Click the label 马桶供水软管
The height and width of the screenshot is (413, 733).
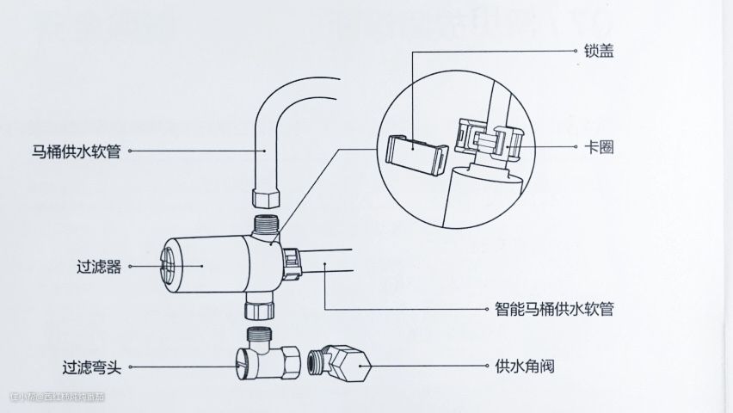(75, 151)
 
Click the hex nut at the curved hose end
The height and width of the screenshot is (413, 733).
(266, 198)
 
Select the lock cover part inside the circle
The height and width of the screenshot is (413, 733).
(415, 154)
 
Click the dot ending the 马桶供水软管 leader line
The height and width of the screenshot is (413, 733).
(266, 151)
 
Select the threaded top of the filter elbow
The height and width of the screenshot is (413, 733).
(258, 334)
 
